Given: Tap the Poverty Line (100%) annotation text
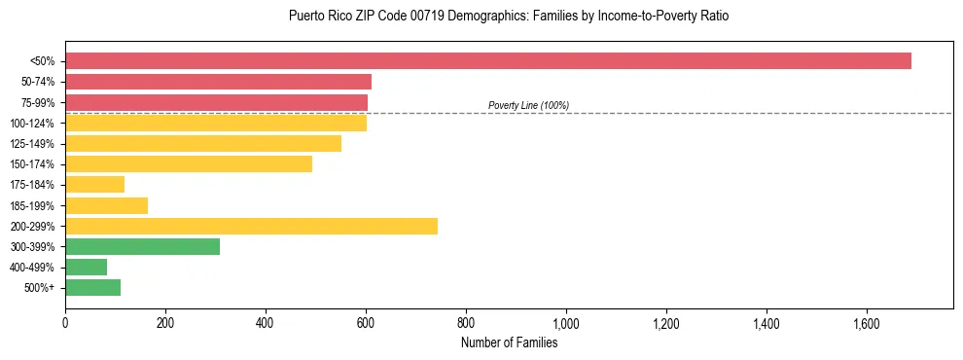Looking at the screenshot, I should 528,105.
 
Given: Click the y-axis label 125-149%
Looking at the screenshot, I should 32,144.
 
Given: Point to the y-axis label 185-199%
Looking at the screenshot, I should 32,205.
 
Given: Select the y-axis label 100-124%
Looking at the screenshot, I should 32,124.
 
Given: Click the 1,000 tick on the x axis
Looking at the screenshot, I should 566,322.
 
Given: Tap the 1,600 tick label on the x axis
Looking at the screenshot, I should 867,322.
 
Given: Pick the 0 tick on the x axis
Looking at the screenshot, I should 65,322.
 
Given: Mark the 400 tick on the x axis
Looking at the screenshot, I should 266,322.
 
